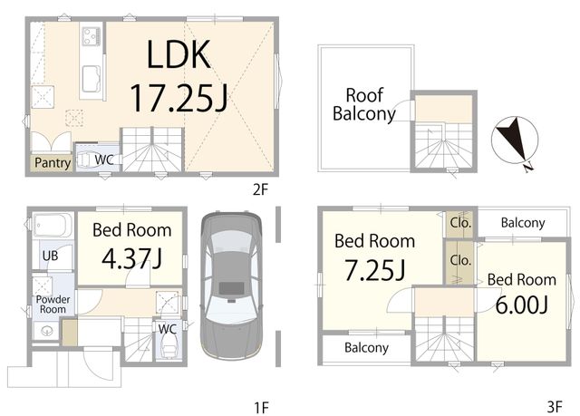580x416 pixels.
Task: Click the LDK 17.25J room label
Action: point(179,76)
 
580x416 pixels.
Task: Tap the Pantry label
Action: point(53,163)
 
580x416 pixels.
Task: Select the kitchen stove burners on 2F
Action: point(91,36)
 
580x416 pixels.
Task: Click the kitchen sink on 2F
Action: point(92,79)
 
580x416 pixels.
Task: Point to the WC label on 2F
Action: point(104,160)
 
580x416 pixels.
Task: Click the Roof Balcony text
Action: point(364,104)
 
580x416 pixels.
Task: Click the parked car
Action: point(232,285)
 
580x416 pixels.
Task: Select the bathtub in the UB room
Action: point(52,225)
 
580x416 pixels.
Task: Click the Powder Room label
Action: point(53,305)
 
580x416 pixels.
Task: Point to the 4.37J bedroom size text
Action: point(131,258)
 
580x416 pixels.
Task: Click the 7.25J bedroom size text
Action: point(374,270)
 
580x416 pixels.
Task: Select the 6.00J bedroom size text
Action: point(522,305)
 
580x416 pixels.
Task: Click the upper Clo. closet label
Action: point(460,223)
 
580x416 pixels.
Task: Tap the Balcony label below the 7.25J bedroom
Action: point(366,348)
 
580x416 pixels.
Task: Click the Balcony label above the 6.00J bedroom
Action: point(523,223)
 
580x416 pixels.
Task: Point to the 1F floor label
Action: point(261,408)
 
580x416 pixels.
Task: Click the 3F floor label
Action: point(555,407)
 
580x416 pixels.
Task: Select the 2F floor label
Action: point(260,189)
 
